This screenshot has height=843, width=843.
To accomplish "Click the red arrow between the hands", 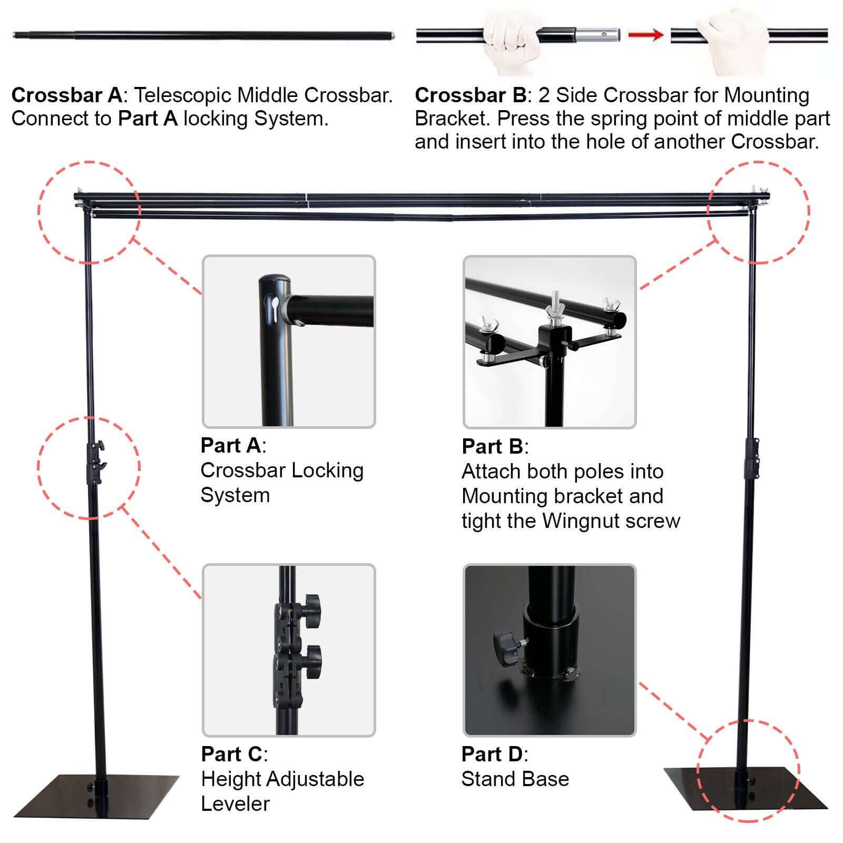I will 645,35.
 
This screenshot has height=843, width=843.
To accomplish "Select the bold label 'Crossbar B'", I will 470,95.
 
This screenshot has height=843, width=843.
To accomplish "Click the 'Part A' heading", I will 230,446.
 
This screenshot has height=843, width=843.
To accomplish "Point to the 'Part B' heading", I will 492,447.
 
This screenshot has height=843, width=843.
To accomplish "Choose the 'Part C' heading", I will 231,754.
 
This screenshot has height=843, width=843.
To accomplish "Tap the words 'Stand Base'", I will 515,779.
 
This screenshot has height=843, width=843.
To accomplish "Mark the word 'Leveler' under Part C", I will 235,804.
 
